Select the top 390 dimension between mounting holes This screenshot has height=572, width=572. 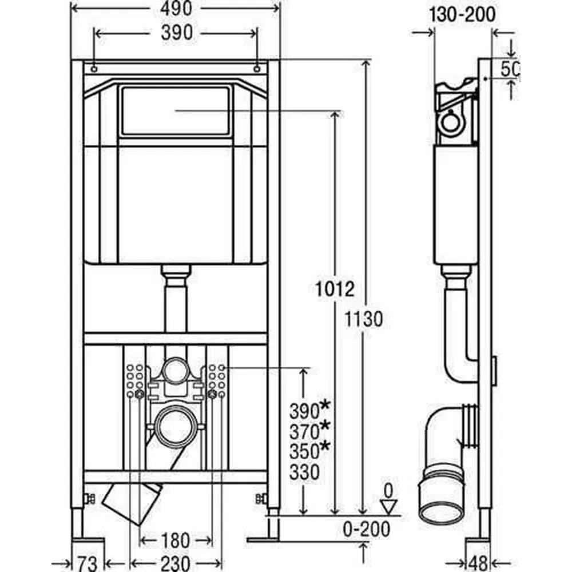tap(177, 33)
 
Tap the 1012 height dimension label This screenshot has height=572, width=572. tap(335, 289)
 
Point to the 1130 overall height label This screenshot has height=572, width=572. tap(364, 319)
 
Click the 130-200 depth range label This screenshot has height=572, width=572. tap(462, 15)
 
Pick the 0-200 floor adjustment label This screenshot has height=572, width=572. tap(366, 529)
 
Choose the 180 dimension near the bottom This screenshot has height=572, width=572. tap(175, 541)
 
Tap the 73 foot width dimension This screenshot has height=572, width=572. tap(88, 563)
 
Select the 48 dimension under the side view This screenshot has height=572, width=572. tap(478, 563)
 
